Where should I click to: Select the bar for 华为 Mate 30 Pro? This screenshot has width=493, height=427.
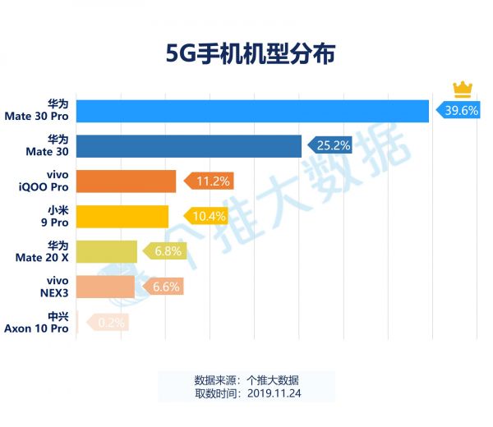pos(252,111)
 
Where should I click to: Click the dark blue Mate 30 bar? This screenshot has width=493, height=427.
pos(189,146)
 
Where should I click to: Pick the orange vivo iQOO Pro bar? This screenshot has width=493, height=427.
pos(126,181)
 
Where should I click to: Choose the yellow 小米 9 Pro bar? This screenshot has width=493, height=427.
pos(122,216)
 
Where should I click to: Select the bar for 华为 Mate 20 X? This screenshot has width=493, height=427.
pos(106,251)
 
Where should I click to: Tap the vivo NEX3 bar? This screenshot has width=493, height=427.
pos(105,287)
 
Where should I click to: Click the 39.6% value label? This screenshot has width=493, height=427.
pos(460,111)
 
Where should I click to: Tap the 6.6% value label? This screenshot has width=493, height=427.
pos(164,287)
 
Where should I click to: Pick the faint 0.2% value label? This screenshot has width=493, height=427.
pos(110,322)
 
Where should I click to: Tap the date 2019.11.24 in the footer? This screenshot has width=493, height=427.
pos(271,393)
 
